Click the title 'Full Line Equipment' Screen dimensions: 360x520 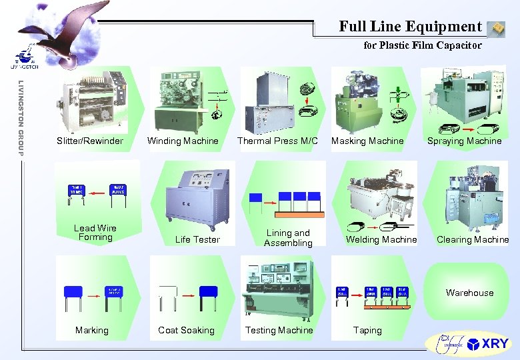tap(410, 27)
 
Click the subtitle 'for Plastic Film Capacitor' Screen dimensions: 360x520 tap(422, 46)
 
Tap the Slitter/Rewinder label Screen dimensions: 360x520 tap(90, 141)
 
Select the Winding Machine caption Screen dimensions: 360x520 tap(183, 141)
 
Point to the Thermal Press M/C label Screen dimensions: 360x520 tap(277, 141)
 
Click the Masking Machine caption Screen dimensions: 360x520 tap(367, 141)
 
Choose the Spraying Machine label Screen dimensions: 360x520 tap(464, 141)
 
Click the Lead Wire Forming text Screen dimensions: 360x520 tap(95, 233)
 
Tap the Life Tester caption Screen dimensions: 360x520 tap(197, 239)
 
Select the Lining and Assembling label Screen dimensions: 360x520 tap(288, 238)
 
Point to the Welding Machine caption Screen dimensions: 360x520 tap(381, 239)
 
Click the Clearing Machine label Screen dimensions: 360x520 tap(473, 239)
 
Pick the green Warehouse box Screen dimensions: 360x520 tap(470, 292)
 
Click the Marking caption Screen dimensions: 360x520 tap(92, 330)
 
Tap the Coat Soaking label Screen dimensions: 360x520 tap(186, 330)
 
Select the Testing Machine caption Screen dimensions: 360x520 tap(279, 330)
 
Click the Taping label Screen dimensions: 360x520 tap(367, 330)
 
